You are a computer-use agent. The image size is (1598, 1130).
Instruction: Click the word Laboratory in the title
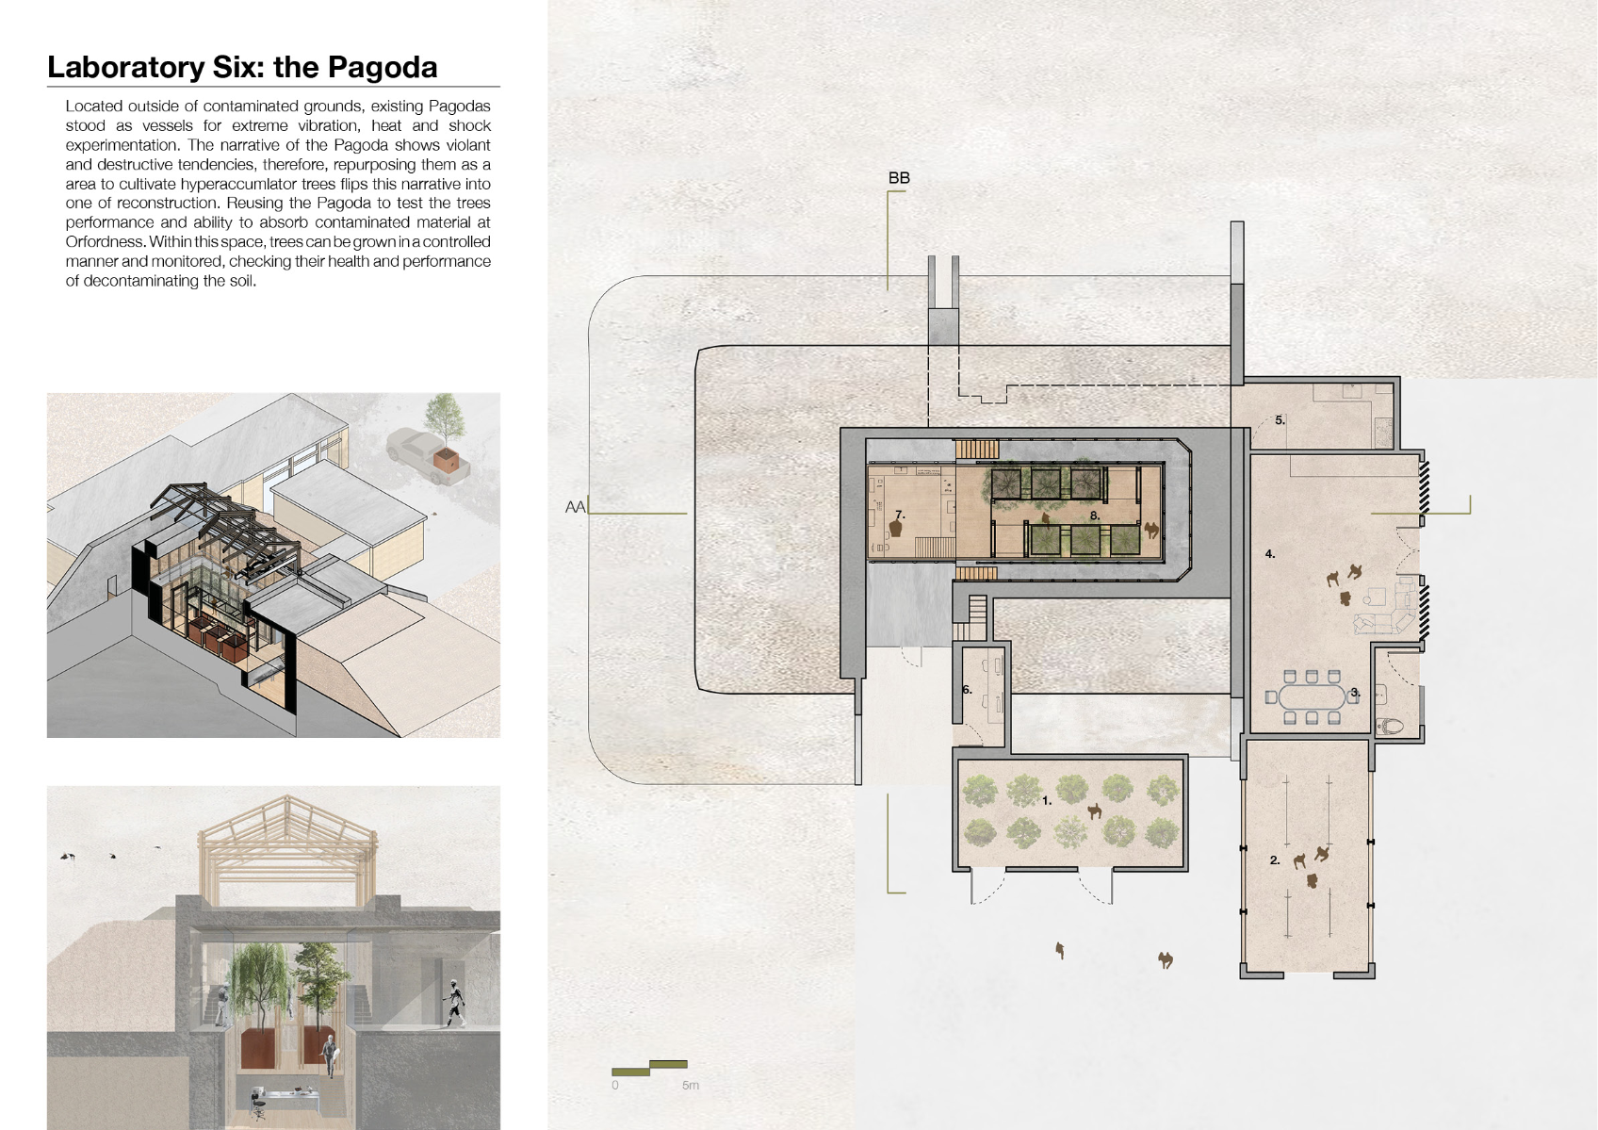coord(126,68)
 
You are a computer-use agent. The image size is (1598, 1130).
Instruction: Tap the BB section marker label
coord(899,177)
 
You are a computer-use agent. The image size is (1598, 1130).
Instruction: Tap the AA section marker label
coord(575,507)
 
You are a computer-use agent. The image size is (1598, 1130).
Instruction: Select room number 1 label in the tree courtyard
coord(1047,801)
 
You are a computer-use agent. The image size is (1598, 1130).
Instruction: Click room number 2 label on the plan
coord(1275,860)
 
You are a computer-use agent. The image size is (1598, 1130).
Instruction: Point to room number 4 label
coord(1270,553)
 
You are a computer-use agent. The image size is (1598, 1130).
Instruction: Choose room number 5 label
coord(1280,420)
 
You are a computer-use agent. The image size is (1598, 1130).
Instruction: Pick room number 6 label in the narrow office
coord(967,689)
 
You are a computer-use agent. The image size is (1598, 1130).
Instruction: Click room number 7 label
coord(900,515)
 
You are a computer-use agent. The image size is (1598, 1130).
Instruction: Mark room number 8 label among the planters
coord(1094,516)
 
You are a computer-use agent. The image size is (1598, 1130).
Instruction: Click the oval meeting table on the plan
coord(1312,697)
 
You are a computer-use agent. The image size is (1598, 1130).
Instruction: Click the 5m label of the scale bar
coord(690,1085)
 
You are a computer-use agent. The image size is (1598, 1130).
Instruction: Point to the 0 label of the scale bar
coord(615,1085)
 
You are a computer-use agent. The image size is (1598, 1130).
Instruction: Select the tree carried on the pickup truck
coord(445,421)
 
